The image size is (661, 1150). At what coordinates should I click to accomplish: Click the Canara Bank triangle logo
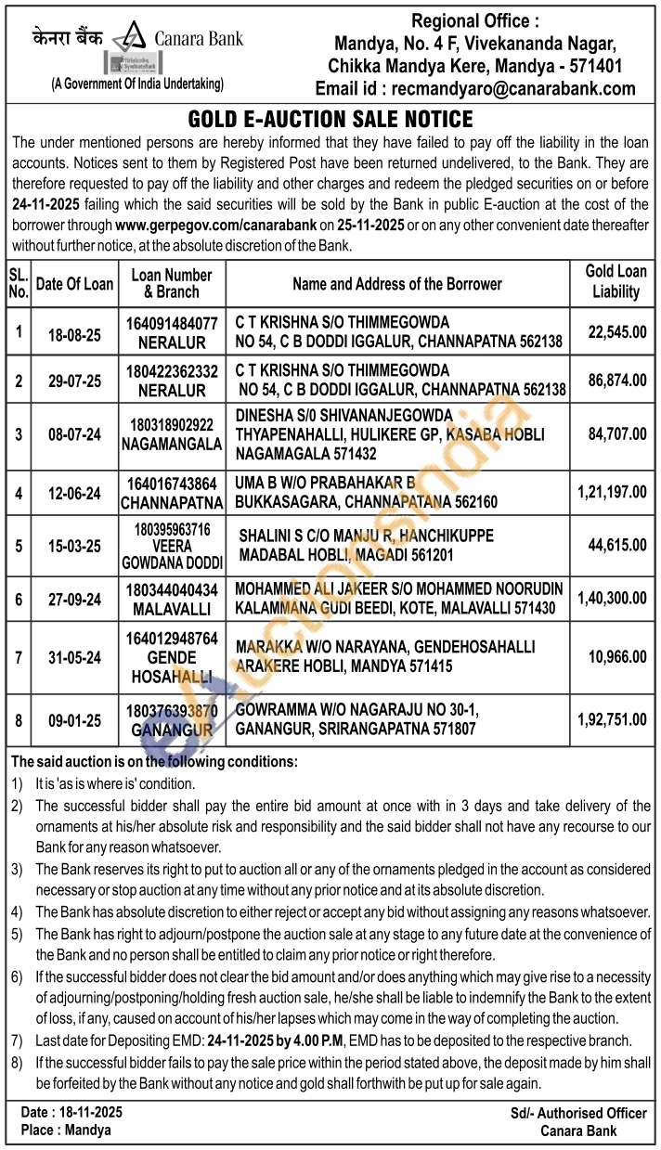(131, 39)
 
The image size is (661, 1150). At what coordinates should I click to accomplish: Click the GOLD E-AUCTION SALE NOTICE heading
(330, 120)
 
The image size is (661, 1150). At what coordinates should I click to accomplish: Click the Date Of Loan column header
(74, 283)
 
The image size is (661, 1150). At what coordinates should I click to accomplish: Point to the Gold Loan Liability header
(616, 282)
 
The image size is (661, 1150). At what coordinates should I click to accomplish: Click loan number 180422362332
(172, 370)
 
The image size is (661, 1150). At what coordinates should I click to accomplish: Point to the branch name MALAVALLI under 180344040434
(172, 607)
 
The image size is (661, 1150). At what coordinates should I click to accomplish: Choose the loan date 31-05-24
(74, 656)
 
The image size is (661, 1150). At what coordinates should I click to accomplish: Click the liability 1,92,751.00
(612, 719)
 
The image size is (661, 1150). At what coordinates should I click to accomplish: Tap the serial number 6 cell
(19, 599)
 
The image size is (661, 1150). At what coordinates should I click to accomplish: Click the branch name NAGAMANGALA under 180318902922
(172, 444)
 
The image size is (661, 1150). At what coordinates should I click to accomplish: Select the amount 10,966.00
(616, 656)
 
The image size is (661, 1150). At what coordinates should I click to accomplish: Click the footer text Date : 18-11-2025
(71, 1111)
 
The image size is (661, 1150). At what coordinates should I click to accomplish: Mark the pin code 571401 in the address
(590, 67)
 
